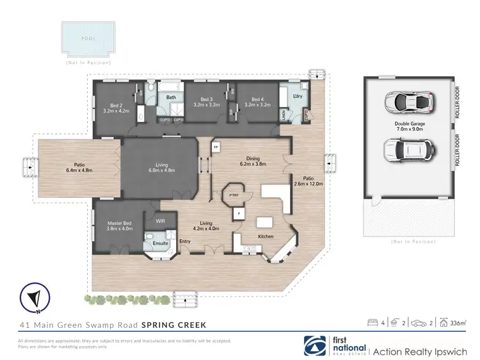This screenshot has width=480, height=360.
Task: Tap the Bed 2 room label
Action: tap(116, 105)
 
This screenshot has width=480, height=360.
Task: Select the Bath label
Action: tap(171, 97)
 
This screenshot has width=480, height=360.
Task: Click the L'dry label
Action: tap(297, 95)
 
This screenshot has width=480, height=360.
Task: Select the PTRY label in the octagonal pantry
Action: tap(234, 194)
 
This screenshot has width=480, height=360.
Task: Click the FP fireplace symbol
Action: tap(216, 147)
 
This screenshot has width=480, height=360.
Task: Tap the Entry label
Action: tap(185, 241)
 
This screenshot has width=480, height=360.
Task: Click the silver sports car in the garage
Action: tap(408, 101)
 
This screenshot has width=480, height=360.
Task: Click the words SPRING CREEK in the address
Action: tap(173, 325)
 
